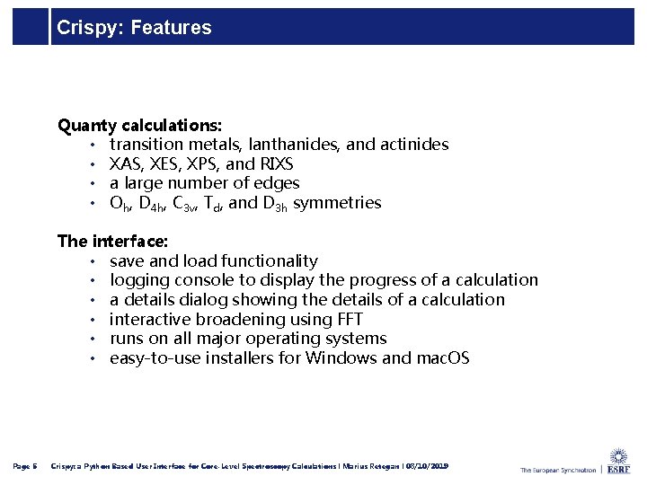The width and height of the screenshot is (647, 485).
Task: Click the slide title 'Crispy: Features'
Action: pos(134,28)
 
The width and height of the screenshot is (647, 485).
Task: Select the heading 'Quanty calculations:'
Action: pos(140,125)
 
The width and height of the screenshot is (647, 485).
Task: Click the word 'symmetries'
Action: pos(337,203)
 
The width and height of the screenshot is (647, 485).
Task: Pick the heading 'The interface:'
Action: pos(112,242)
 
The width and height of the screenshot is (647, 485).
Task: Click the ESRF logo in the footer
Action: pos(618,463)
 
